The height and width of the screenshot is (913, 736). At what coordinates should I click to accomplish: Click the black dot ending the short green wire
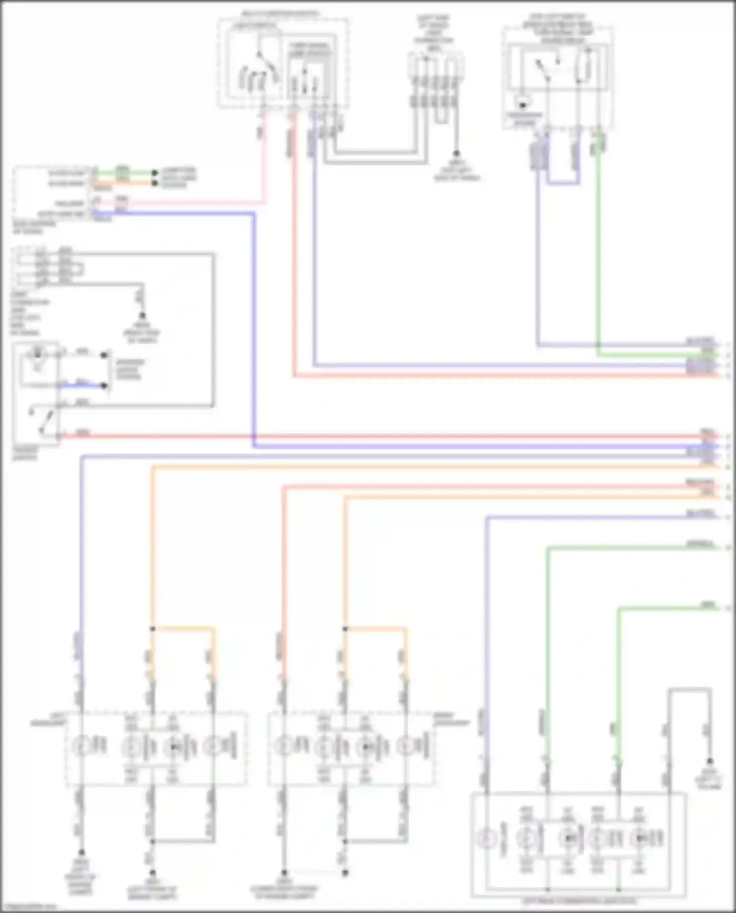pyautogui.click(x=155, y=173)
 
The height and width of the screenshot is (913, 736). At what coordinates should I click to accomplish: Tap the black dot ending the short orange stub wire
pyautogui.click(x=155, y=183)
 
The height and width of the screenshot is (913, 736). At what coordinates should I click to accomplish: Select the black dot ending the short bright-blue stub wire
pyautogui.click(x=104, y=386)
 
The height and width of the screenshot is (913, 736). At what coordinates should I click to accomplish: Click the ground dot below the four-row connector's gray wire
pyautogui.click(x=142, y=316)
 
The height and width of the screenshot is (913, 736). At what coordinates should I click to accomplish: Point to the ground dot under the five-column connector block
pyautogui.click(x=456, y=154)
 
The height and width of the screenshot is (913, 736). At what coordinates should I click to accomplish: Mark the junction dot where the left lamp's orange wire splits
pyautogui.click(x=153, y=628)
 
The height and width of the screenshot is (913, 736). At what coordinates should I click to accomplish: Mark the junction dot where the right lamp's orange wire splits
pyautogui.click(x=345, y=628)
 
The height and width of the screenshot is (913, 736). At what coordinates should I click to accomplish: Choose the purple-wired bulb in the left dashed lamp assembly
pyautogui.click(x=81, y=746)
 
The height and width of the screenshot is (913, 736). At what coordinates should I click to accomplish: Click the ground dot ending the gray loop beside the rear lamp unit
pyautogui.click(x=710, y=762)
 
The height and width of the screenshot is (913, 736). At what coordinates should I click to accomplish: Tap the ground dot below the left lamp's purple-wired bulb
pyautogui.click(x=81, y=853)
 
